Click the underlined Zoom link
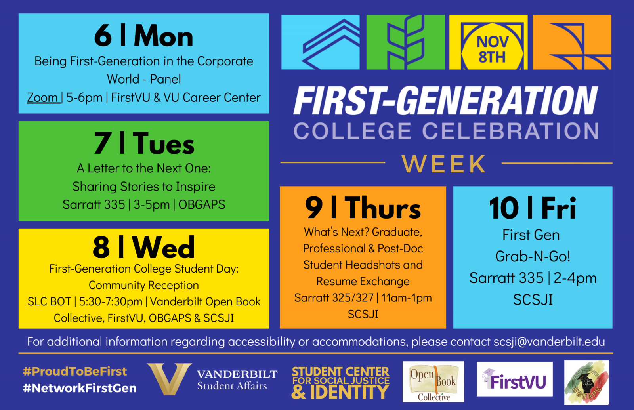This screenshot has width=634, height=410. pyautogui.click(x=43, y=97)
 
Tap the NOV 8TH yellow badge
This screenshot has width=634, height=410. pyautogui.click(x=492, y=49)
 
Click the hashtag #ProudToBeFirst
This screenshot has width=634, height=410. pyautogui.click(x=75, y=372)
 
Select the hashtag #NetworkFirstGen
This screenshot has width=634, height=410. pyautogui.click(x=80, y=388)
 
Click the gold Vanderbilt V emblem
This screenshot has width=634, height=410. pyautogui.click(x=169, y=379)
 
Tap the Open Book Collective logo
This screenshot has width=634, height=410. pyautogui.click(x=433, y=382)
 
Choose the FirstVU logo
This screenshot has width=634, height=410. pyautogui.click(x=514, y=379)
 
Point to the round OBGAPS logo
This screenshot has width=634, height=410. pyautogui.click(x=586, y=383)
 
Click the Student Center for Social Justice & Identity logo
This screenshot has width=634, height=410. pyautogui.click(x=340, y=383)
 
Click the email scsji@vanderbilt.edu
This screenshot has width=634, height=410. pyautogui.click(x=549, y=342)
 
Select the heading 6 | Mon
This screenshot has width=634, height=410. pyautogui.click(x=143, y=36)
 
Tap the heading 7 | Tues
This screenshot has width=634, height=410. pyautogui.click(x=144, y=143)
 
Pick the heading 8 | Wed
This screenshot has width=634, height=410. pyautogui.click(x=144, y=247)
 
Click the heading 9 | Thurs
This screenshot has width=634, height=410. pyautogui.click(x=363, y=208)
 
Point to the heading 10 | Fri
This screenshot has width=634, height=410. pyautogui.click(x=533, y=208)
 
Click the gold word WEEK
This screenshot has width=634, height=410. pyautogui.click(x=444, y=164)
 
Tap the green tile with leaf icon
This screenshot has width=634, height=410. pyautogui.click(x=405, y=42)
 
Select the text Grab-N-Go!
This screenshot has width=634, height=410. pyautogui.click(x=533, y=257)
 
